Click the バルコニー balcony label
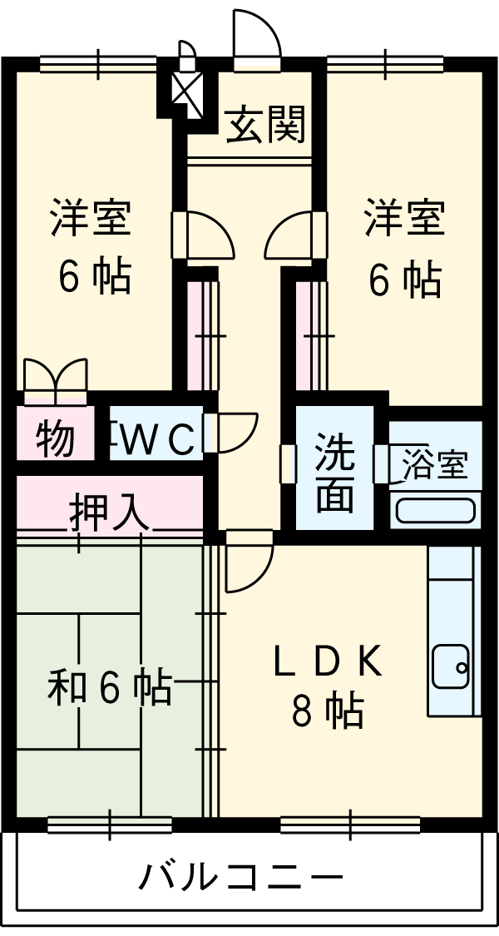pyautogui.click(x=241, y=876)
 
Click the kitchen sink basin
pyautogui.click(x=452, y=666)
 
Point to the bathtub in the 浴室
pyautogui.click(x=435, y=509)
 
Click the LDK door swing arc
pyautogui.click(x=247, y=563)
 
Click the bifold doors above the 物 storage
pyautogui.click(x=56, y=379)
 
